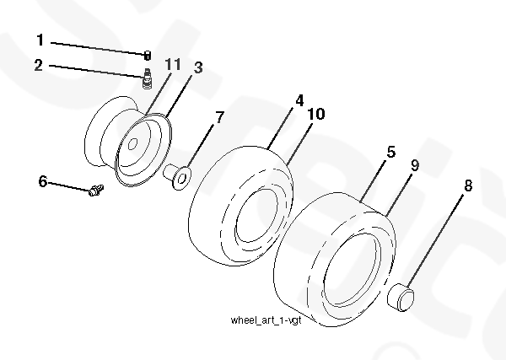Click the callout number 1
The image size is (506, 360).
tap(40, 40)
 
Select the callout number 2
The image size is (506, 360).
tap(39, 65)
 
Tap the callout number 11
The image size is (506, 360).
tap(173, 64)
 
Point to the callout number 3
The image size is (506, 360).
tap(198, 67)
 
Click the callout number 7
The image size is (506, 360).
tap(219, 117)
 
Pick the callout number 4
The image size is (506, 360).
tap(299, 100)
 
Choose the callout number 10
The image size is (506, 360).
tap(316, 114)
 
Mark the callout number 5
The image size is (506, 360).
tap(391, 152)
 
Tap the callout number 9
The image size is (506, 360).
tap(415, 165)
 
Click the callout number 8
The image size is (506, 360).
tap(468, 185)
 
